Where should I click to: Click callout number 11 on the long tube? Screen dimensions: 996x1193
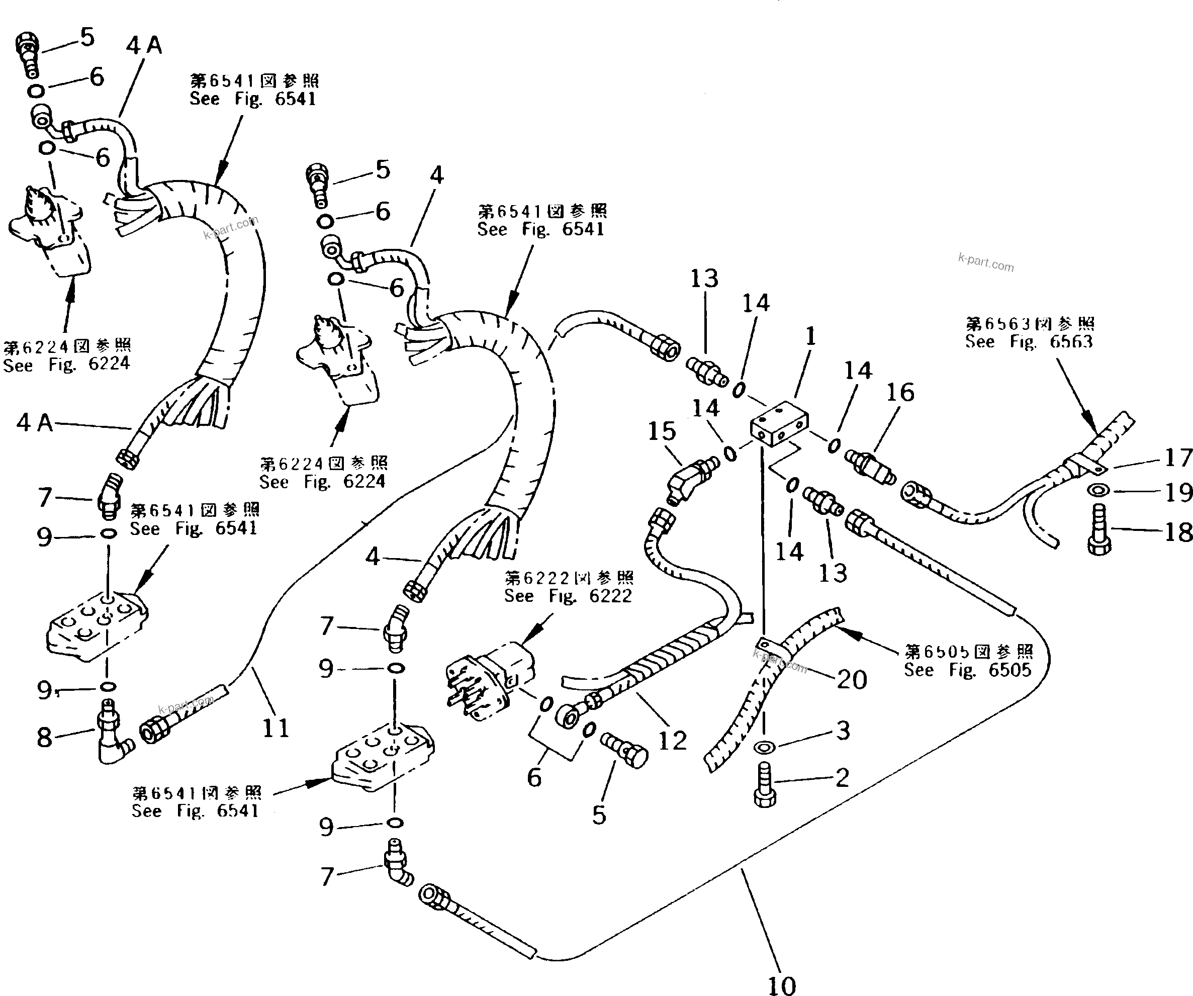276,728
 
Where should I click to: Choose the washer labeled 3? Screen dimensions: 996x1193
764,746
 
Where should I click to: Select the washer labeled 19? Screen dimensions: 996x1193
1100,490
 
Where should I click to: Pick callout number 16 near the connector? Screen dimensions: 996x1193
900,392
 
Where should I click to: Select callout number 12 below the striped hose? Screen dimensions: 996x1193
672,740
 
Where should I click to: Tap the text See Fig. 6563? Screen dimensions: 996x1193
1029,341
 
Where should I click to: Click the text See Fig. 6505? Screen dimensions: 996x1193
967,670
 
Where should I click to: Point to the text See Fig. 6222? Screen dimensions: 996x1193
568,596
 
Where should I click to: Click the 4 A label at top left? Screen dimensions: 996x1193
144,45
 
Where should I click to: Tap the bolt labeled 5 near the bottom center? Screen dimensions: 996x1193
625,750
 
